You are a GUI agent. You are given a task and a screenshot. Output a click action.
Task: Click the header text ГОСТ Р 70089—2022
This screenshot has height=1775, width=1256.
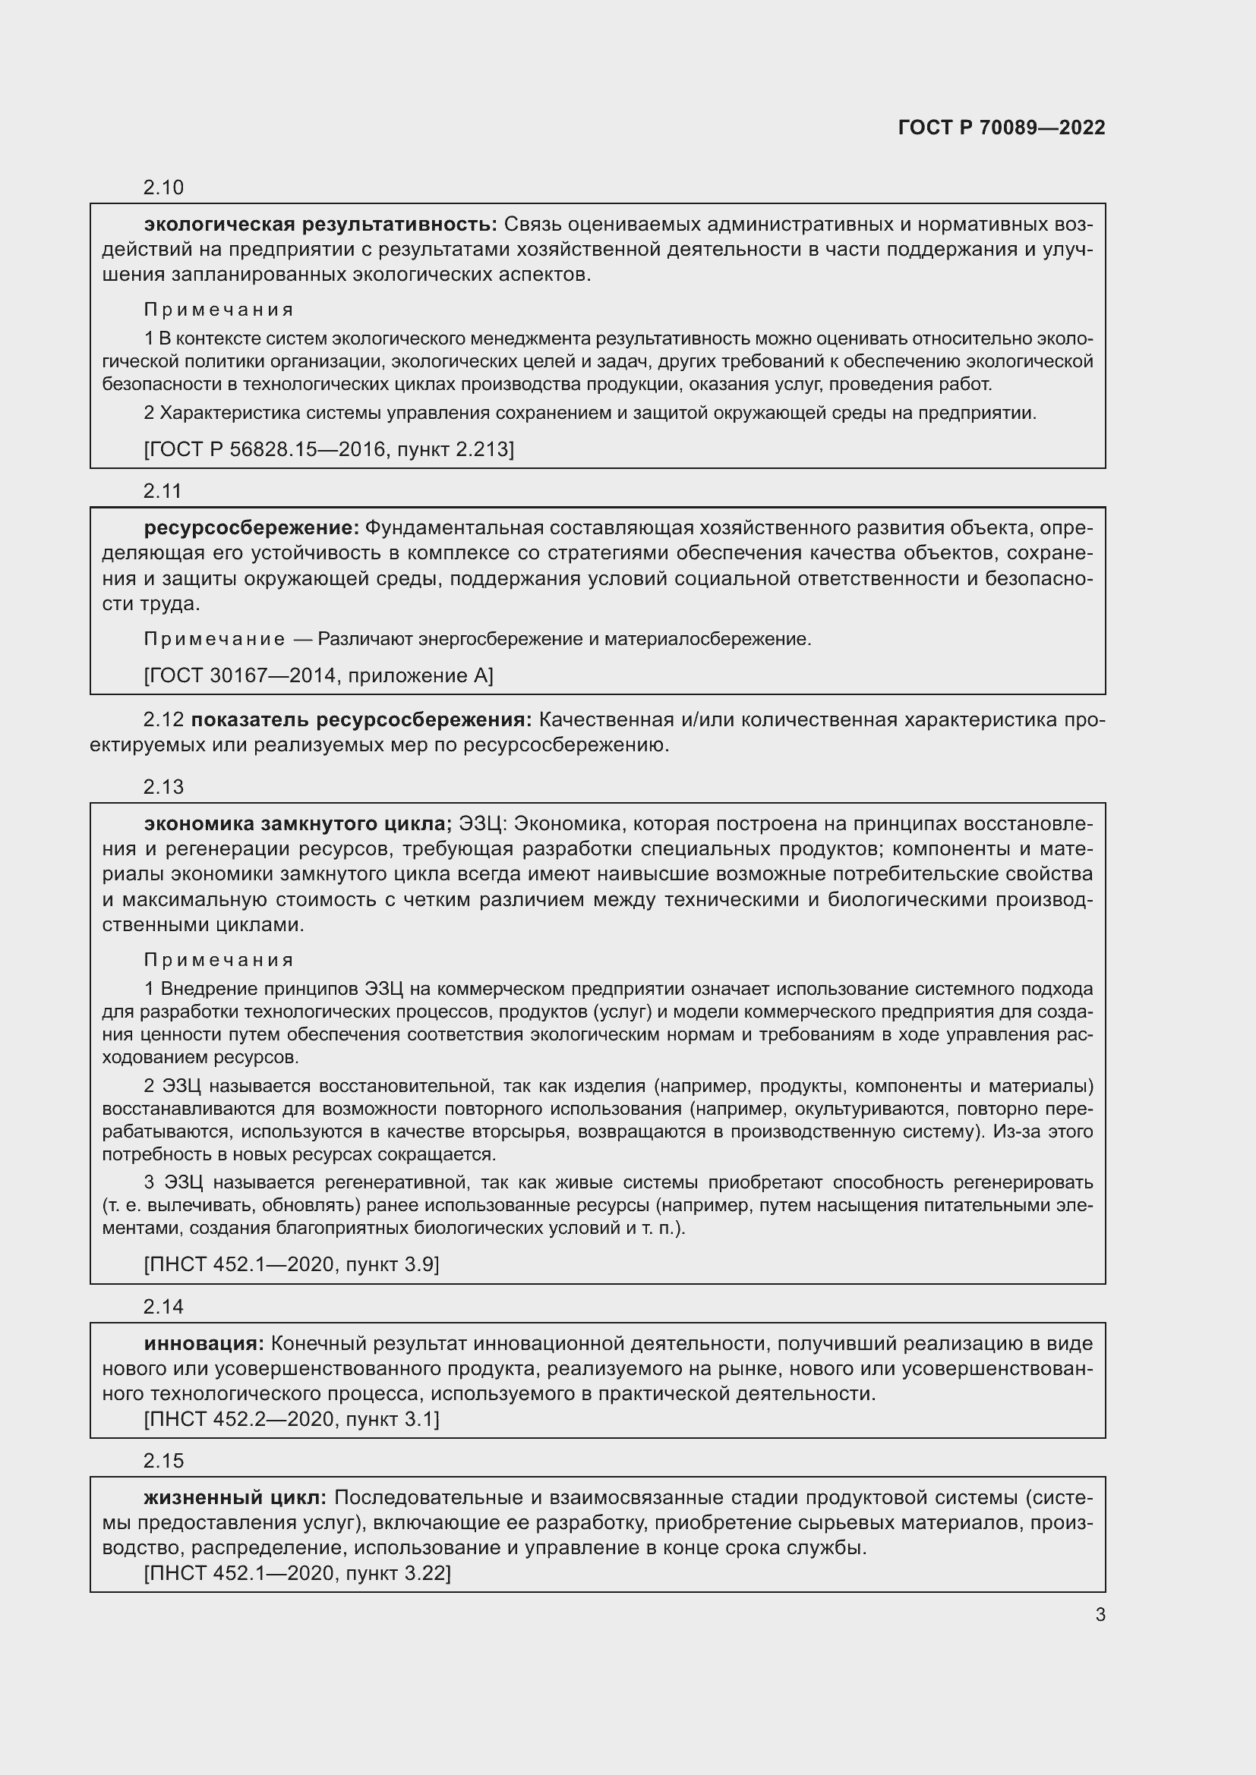[1002, 127]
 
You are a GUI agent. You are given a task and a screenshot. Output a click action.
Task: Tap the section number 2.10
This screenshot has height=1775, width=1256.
[163, 187]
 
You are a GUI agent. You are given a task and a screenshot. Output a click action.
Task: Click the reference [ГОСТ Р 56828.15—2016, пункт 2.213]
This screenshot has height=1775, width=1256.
[329, 448]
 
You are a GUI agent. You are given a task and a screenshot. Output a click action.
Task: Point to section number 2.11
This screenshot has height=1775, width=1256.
[163, 490]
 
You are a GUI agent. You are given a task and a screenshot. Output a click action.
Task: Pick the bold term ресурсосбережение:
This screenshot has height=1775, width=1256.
[251, 527]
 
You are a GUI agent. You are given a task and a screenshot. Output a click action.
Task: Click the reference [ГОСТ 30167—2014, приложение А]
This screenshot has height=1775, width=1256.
[318, 675]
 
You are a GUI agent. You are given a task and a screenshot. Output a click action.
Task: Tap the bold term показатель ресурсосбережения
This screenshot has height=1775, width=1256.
[361, 719]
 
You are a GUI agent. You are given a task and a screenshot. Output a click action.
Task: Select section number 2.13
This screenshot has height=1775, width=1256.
[163, 786]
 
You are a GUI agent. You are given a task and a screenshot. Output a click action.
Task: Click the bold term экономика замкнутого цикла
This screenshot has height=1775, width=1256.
[298, 823]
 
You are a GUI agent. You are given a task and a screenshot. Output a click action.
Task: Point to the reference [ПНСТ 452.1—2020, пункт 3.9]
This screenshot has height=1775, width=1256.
[292, 1264]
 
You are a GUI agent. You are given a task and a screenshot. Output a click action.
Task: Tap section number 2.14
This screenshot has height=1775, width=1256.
[163, 1307]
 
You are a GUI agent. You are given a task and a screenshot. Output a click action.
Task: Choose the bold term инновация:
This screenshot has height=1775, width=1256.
[204, 1343]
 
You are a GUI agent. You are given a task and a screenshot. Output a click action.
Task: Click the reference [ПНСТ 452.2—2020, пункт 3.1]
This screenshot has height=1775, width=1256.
[292, 1418]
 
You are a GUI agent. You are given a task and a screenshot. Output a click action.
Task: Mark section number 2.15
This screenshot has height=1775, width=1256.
[163, 1460]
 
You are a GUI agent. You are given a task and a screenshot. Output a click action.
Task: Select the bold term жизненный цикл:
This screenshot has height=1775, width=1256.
[235, 1497]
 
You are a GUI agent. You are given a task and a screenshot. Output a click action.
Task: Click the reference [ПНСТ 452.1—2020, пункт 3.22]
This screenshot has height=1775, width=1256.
[297, 1572]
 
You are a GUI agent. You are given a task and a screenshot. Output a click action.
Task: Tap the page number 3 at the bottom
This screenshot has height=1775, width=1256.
[1100, 1614]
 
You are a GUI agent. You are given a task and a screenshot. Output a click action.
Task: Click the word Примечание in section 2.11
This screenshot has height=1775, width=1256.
[214, 639]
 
